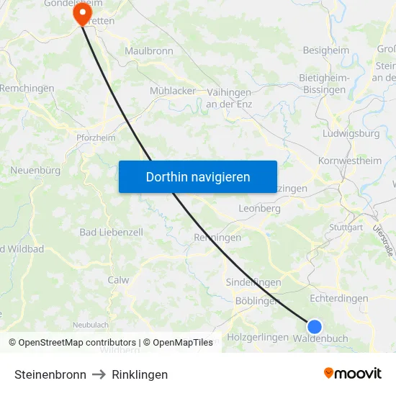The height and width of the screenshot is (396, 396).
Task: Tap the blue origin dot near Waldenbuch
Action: [314, 327]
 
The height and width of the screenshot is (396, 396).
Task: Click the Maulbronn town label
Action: [149, 51]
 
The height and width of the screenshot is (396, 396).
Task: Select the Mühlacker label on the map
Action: [172, 91]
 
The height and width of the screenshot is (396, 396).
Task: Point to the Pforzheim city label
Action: [96, 138]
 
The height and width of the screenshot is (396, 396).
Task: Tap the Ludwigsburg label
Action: [351, 134]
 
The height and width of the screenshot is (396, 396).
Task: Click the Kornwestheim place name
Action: [350, 161]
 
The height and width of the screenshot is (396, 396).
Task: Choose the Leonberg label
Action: [258, 208]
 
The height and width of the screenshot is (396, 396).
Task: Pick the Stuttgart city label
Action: [346, 227]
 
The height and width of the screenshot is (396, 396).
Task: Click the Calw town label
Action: [118, 280]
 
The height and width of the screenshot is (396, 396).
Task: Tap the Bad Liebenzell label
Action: [111, 233]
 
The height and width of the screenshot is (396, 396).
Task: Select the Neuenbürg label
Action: [35, 171]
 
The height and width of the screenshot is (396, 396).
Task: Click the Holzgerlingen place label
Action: [257, 337]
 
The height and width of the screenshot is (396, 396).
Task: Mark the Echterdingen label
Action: [338, 298]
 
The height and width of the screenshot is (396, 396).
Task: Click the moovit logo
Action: [352, 374]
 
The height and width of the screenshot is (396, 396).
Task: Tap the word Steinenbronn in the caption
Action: [50, 374]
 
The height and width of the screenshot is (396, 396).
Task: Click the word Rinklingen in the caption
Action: [140, 374]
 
